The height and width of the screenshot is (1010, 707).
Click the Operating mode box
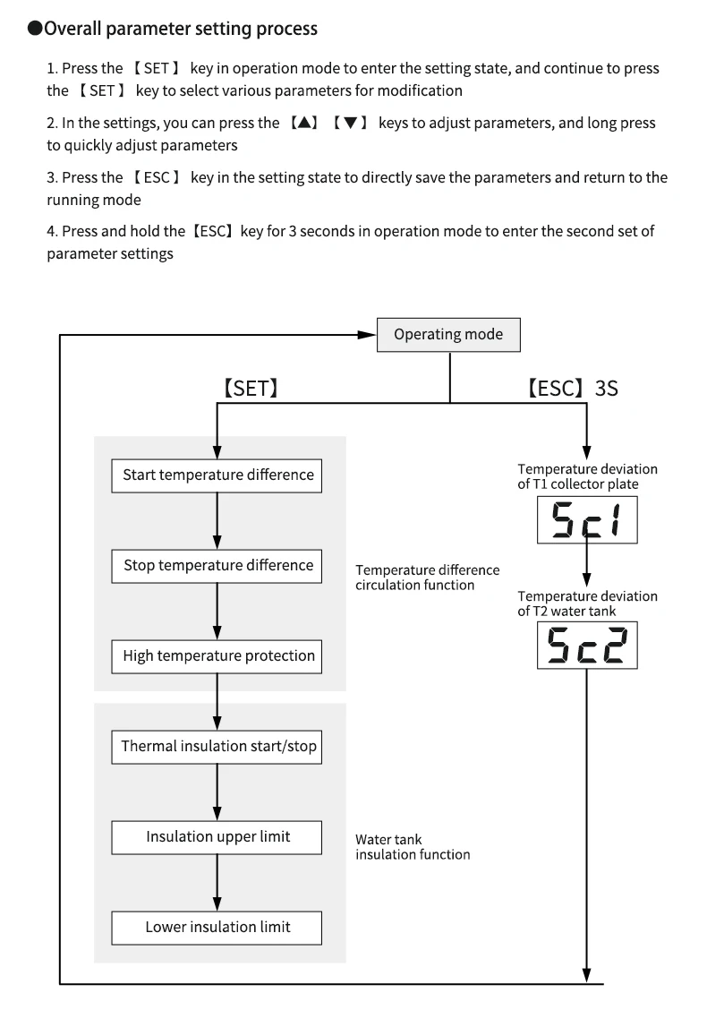point(448,334)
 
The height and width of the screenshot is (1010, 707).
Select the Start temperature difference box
point(217,475)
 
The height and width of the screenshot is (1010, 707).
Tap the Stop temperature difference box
point(217,566)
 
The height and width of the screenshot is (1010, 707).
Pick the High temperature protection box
point(217,656)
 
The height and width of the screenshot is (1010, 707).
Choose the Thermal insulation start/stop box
point(217,747)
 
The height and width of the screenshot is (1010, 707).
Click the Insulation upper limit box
point(217,837)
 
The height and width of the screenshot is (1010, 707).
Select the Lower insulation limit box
point(217,928)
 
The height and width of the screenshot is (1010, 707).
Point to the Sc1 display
point(587,520)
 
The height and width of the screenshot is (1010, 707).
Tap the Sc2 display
point(587,646)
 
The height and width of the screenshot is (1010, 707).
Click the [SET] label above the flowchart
point(251,389)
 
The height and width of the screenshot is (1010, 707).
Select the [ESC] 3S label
point(573,389)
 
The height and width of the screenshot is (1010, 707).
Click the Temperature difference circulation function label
point(428,578)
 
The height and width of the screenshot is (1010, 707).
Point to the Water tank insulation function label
point(413,847)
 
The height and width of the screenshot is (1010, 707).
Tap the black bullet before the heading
point(35,29)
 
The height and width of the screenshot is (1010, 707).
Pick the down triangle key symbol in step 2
point(350,123)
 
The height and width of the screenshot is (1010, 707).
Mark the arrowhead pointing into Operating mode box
point(367,334)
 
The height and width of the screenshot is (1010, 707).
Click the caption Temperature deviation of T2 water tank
point(587,603)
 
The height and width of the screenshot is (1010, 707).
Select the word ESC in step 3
point(157,177)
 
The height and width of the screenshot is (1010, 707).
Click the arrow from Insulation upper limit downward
point(217,883)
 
